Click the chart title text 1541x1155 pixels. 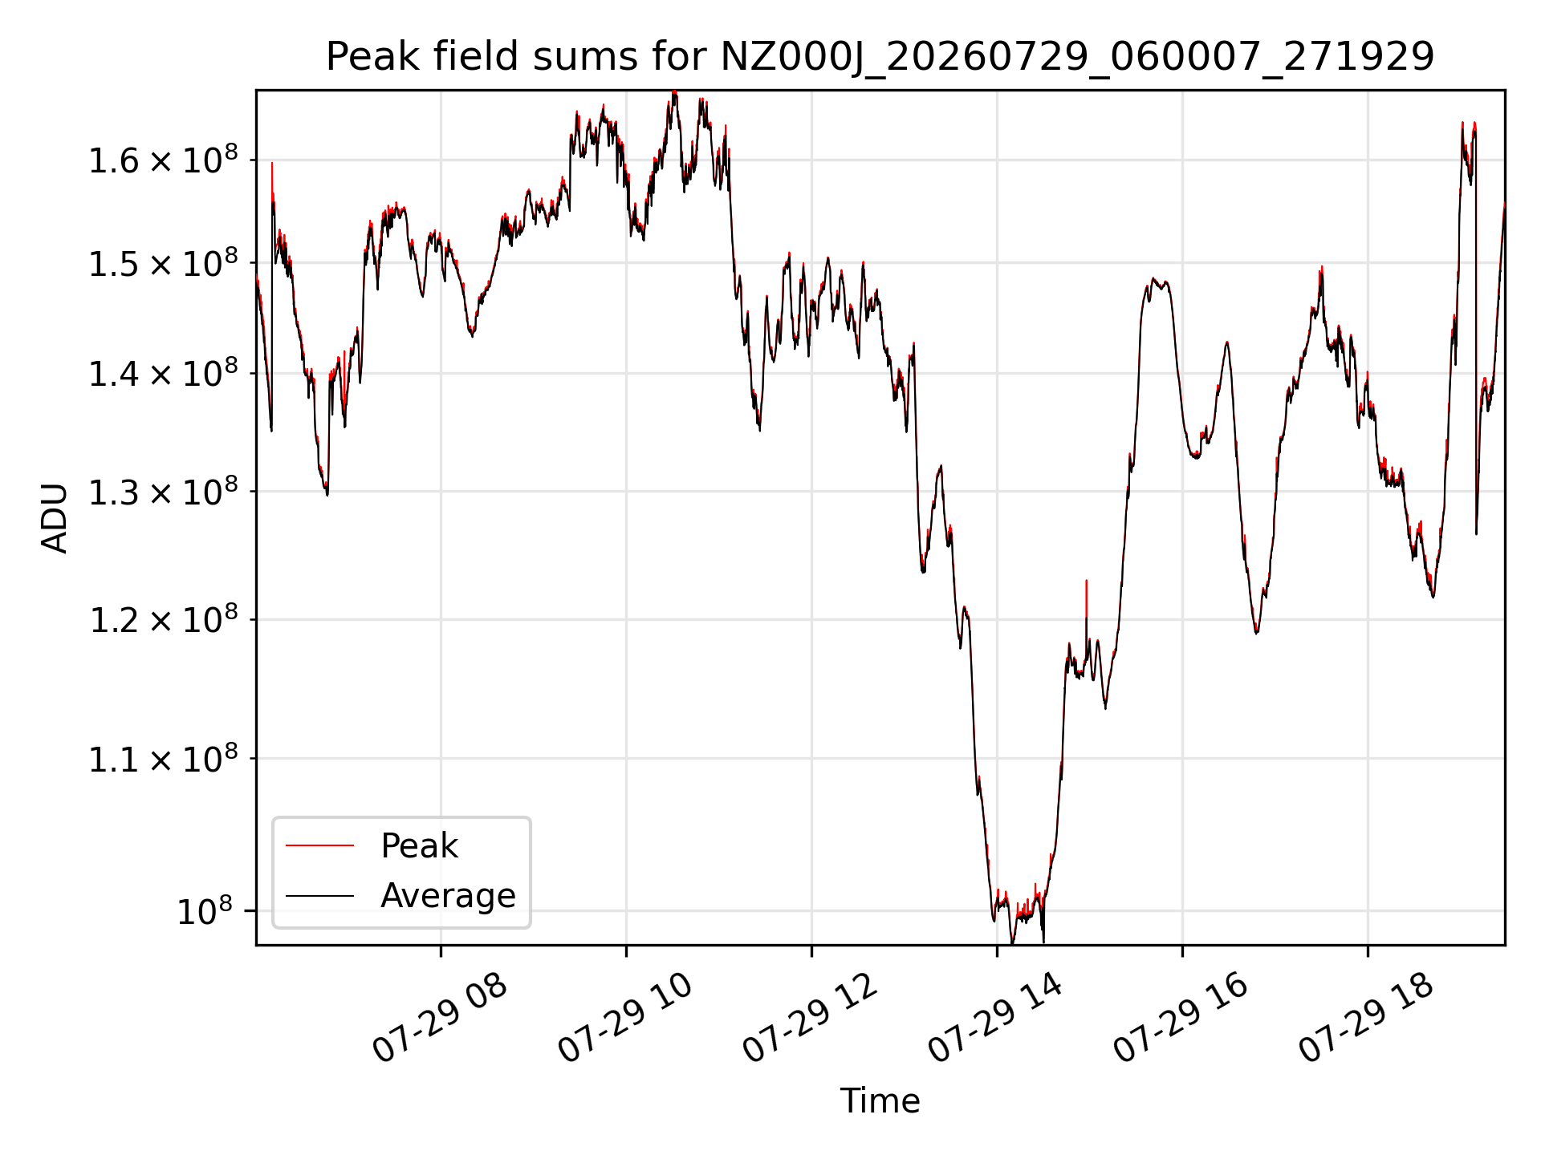(x=880, y=57)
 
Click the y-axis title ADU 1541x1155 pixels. (x=55, y=517)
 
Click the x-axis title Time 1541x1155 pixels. (x=880, y=1100)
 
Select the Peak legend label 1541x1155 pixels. (x=419, y=845)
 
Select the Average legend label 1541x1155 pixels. (x=448, y=895)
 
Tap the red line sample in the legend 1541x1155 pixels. (x=319, y=845)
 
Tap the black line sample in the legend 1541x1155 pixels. (x=319, y=895)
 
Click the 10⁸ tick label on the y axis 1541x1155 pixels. (x=204, y=910)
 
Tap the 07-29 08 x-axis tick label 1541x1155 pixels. (x=440, y=1019)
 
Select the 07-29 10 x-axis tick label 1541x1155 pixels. (x=625, y=1019)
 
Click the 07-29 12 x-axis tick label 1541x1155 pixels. (x=811, y=1019)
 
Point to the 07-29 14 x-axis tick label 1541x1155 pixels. (x=996, y=1019)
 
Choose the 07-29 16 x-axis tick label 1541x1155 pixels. (x=1181, y=1019)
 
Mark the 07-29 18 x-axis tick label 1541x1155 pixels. (x=1367, y=1019)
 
